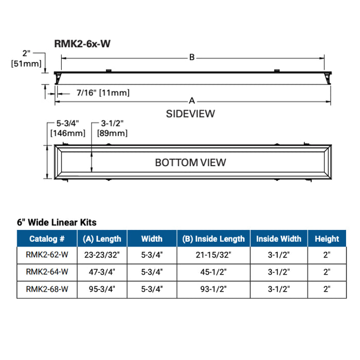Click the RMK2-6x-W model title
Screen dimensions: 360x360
pos(82,44)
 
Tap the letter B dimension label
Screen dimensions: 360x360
pos(191,58)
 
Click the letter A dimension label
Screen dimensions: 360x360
pos(191,100)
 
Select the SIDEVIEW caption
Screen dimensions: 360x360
pos(190,114)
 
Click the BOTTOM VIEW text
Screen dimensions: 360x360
pos(190,163)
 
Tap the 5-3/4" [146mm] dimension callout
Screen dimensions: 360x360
pos(67,129)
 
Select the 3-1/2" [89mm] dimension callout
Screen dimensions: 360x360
pos(112,129)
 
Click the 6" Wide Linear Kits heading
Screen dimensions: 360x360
pos(57,223)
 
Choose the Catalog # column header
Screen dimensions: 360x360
pos(47,239)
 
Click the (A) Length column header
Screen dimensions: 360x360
pos(102,239)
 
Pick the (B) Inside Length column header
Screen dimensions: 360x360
pos(213,239)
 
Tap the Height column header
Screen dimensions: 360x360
pos(327,239)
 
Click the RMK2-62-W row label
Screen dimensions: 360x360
pos(47,255)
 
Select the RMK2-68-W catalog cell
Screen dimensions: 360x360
pos(47,290)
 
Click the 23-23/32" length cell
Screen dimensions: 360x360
pos(102,255)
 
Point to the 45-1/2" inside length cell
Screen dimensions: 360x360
pos(213,272)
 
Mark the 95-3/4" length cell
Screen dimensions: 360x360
pos(102,290)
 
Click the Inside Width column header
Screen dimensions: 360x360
pos(279,239)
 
